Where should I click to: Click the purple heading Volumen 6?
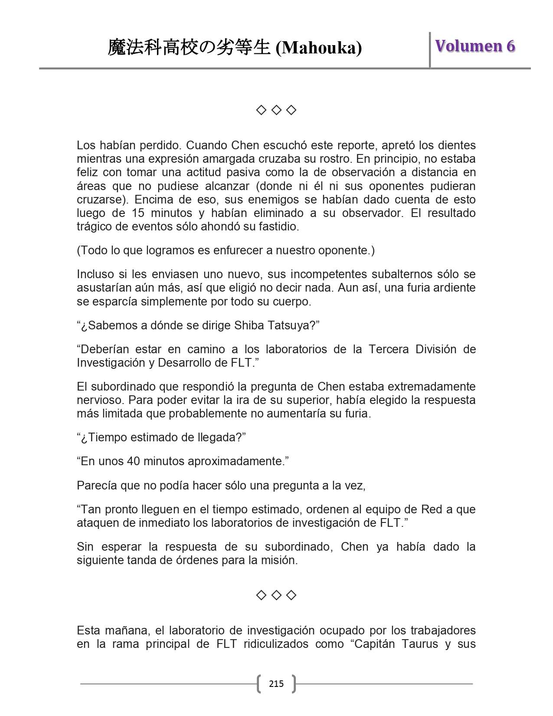tap(475, 46)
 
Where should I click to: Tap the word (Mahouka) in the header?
tap(319, 48)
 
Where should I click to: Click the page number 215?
tap(276, 684)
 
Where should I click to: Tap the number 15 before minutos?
tap(137, 213)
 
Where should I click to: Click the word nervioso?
tap(97, 400)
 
